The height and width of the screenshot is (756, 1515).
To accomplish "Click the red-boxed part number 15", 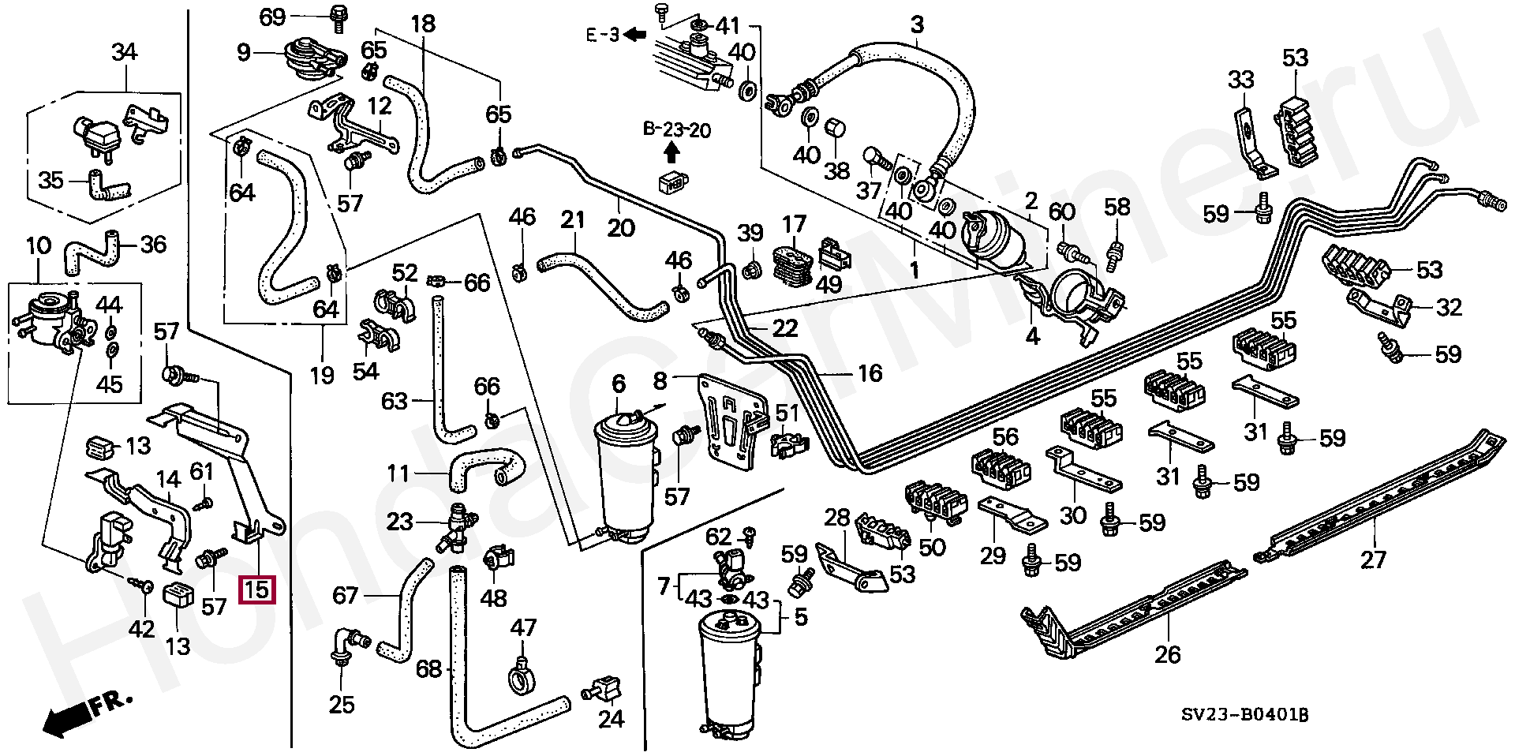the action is (x=259, y=589).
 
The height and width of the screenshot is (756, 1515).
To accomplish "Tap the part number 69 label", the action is (x=272, y=17).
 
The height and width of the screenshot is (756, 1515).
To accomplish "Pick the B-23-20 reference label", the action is (x=676, y=129).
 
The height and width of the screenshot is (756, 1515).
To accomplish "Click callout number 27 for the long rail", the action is (x=1374, y=560).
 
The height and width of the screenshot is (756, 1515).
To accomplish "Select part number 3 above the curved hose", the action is (x=917, y=24).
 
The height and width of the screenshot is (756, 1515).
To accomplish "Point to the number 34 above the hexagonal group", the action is (x=124, y=53).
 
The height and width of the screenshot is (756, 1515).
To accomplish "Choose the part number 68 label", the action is (x=428, y=669).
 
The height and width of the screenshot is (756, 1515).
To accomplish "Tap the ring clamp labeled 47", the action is (x=522, y=676).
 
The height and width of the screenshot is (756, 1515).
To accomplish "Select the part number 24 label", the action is (x=611, y=718).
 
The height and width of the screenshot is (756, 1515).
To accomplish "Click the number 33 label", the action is (x=1240, y=80).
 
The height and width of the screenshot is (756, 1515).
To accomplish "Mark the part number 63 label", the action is (x=395, y=402).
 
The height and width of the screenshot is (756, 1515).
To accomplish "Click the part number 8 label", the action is (x=660, y=382).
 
